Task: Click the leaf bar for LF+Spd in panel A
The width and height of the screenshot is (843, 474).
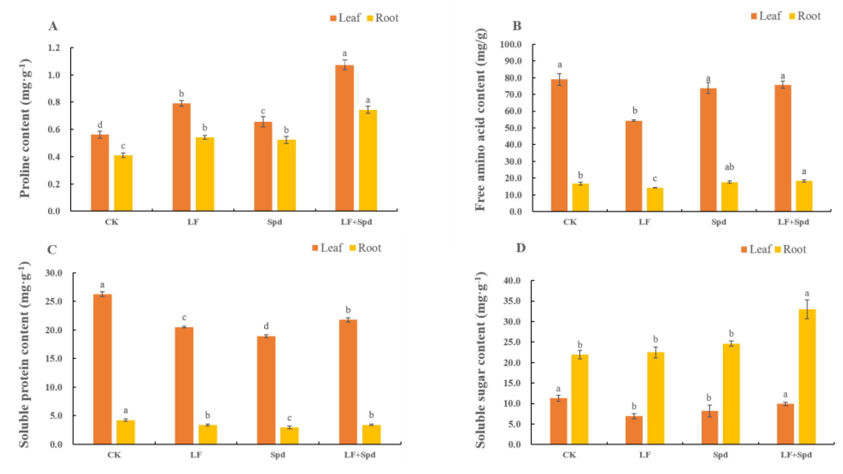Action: click(344, 138)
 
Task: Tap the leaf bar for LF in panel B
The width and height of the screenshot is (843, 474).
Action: click(634, 166)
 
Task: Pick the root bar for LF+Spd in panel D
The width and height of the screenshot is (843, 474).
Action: click(807, 377)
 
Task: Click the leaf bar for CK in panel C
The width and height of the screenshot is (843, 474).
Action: click(102, 369)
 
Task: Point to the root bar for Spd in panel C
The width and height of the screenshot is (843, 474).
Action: click(289, 436)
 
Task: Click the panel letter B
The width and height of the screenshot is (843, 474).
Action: click(517, 26)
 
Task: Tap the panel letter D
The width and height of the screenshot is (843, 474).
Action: click(521, 248)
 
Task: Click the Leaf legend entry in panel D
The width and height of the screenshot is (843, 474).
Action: click(756, 250)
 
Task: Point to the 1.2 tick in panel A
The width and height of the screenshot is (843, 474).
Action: click(54, 48)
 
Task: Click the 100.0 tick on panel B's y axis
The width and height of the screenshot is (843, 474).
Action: click(511, 44)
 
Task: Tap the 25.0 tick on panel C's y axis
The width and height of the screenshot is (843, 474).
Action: click(54, 301)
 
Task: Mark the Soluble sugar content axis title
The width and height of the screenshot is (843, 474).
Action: click(480, 360)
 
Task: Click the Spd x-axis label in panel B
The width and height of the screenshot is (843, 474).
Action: click(719, 222)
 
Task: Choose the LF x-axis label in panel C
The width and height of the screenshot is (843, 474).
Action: click(196, 455)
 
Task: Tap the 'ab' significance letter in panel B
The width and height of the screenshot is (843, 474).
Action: click(729, 167)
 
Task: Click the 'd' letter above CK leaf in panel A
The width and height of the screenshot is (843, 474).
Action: click(100, 125)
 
